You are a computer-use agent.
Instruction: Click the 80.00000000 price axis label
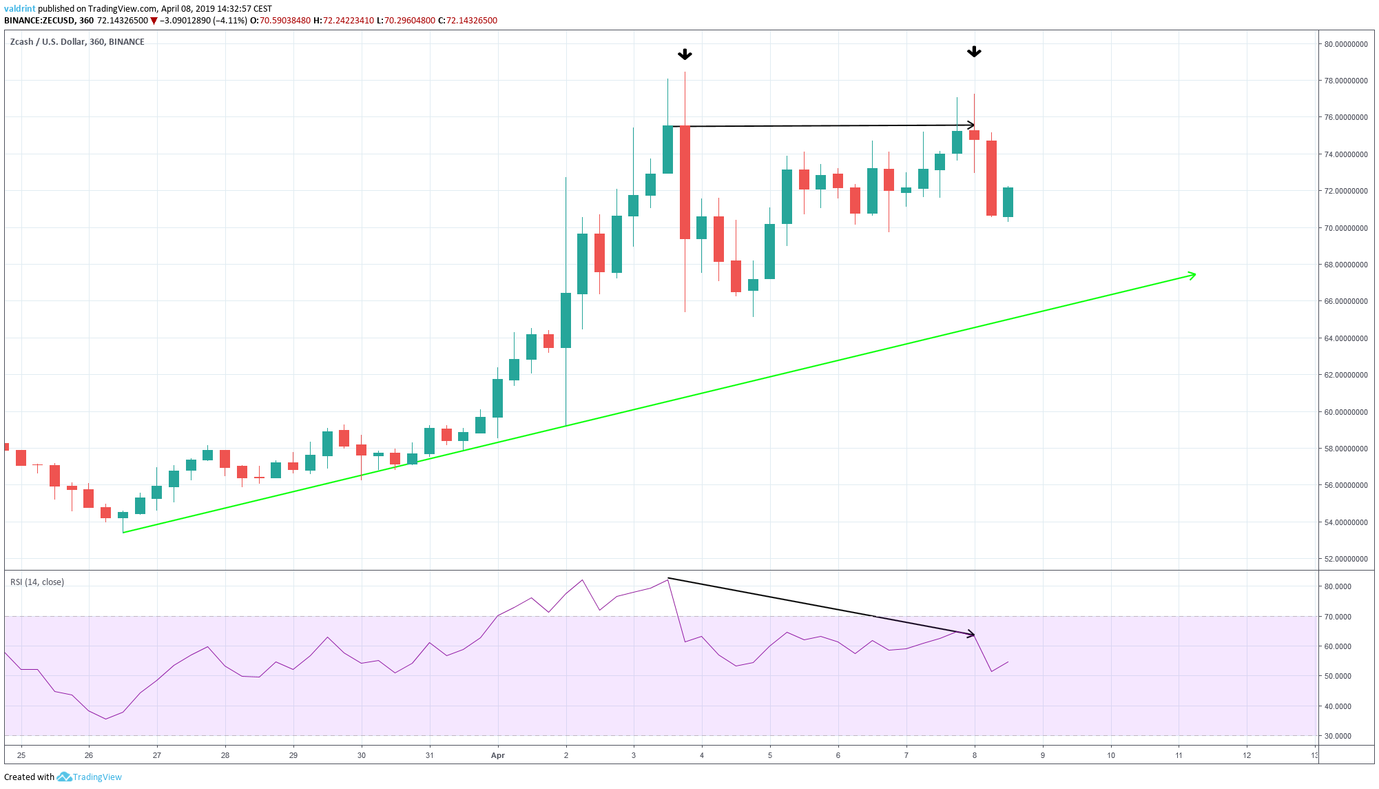tap(1345, 44)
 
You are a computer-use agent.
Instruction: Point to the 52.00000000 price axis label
tap(1345, 559)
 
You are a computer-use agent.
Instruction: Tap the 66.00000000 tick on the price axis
tap(1345, 301)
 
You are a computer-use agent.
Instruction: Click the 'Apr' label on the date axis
tap(498, 755)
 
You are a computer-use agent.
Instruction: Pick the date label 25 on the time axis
tap(21, 755)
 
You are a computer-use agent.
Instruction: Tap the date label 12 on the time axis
tap(1247, 755)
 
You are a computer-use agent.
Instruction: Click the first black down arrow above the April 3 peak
tap(685, 54)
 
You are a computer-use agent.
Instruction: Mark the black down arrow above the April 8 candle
tap(974, 52)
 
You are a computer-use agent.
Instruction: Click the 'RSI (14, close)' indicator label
tap(37, 582)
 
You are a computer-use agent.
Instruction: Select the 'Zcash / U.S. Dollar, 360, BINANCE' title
tap(77, 42)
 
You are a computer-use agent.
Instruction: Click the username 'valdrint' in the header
tap(19, 9)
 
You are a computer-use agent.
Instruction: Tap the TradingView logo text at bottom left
tap(97, 777)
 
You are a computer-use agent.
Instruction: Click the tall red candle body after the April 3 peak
tap(685, 183)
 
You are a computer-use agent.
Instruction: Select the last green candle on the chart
tap(1008, 202)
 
